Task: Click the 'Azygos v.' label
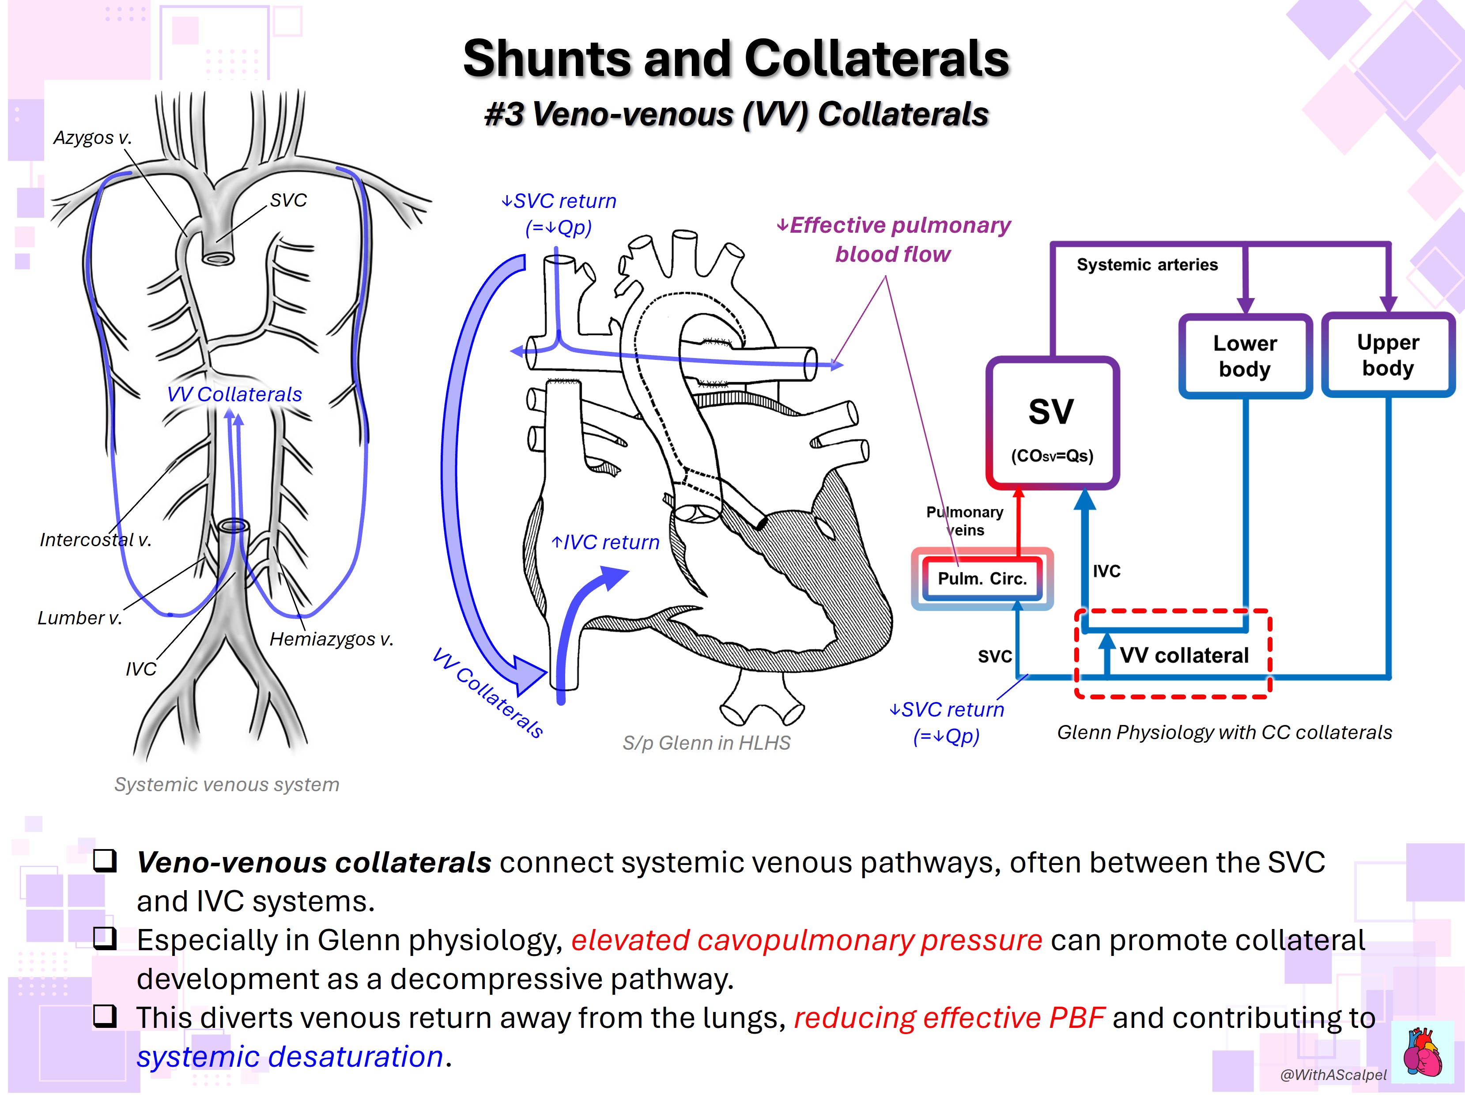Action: pos(93,138)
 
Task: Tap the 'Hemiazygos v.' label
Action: pos(331,639)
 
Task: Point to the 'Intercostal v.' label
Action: pos(95,540)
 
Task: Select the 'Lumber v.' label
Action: pos(79,618)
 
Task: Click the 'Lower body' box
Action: pos(1245,356)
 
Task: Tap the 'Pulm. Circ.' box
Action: pos(982,578)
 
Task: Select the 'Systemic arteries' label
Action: pos(1147,265)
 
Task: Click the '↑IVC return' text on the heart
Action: pos(605,543)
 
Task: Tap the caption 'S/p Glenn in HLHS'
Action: pos(706,743)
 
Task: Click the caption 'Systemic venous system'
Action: pos(227,785)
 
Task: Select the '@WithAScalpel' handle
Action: pos(1333,1074)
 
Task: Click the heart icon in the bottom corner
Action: pos(1423,1052)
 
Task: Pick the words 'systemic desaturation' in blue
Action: pos(290,1057)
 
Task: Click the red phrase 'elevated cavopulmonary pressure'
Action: pos(807,940)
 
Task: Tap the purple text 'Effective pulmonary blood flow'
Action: pos(894,240)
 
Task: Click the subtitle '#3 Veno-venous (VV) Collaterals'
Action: pos(736,114)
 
